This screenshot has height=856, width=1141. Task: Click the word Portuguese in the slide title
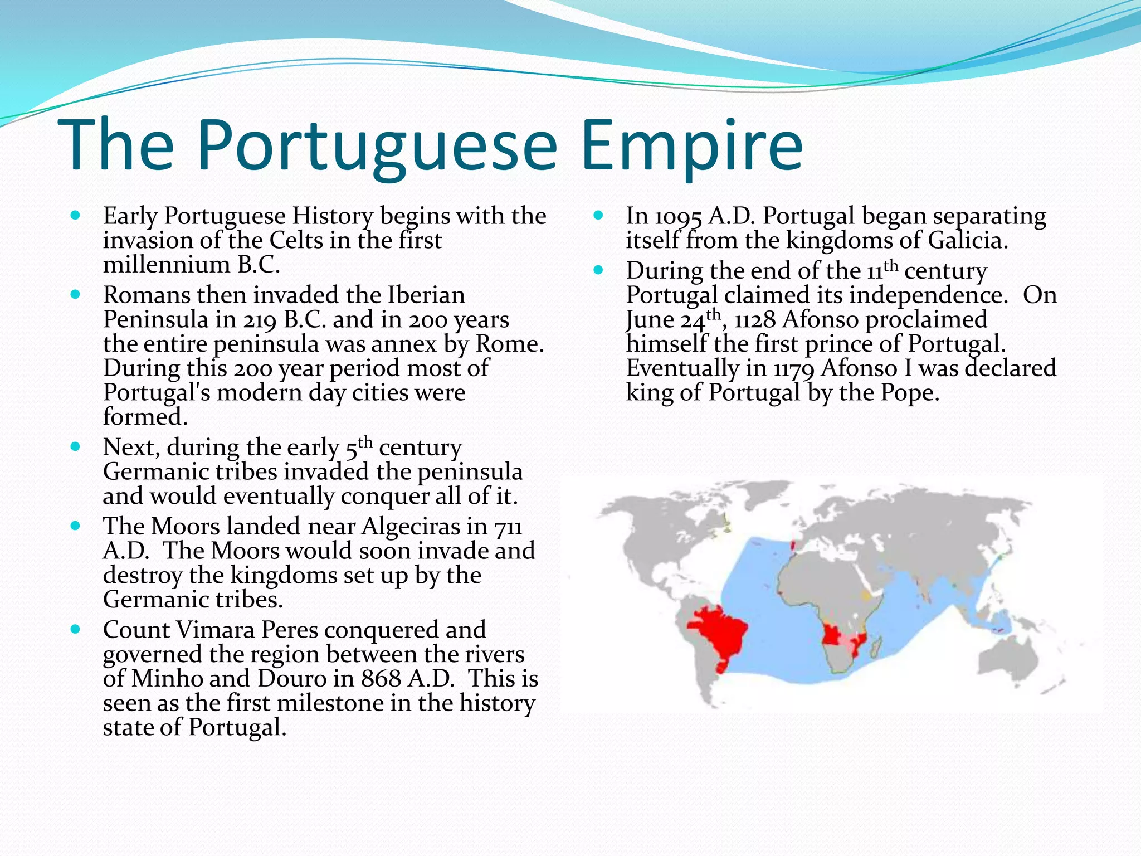(x=377, y=146)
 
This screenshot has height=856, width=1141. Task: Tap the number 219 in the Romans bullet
(x=261, y=320)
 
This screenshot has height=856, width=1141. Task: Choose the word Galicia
(x=967, y=241)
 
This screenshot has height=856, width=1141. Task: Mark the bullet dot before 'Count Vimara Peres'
(x=76, y=630)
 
